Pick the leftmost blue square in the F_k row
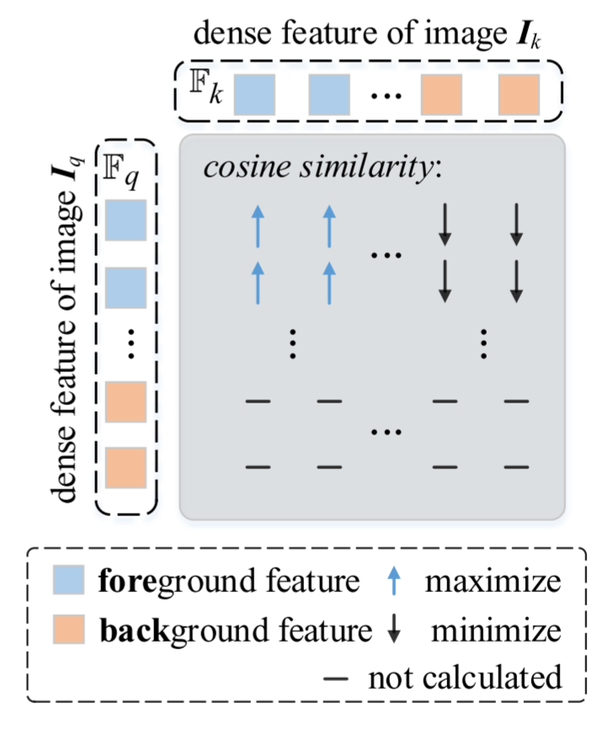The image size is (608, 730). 253,93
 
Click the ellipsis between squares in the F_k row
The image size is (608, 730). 386,96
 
